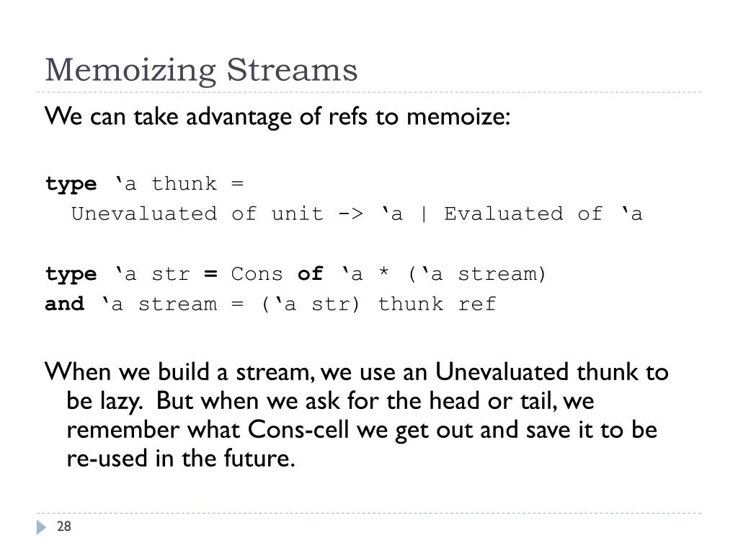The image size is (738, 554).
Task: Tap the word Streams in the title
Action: pyautogui.click(x=292, y=71)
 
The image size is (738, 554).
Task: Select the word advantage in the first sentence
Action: pyautogui.click(x=241, y=116)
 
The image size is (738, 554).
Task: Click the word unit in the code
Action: pyautogui.click(x=297, y=214)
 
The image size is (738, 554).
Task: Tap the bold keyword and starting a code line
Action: pyautogui.click(x=64, y=304)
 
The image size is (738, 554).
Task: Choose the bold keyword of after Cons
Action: pyautogui.click(x=310, y=275)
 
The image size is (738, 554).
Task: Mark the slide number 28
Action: pyautogui.click(x=64, y=527)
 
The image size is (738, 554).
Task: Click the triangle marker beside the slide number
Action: pyautogui.click(x=42, y=528)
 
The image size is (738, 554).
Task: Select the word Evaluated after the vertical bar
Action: pyautogui.click(x=503, y=214)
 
